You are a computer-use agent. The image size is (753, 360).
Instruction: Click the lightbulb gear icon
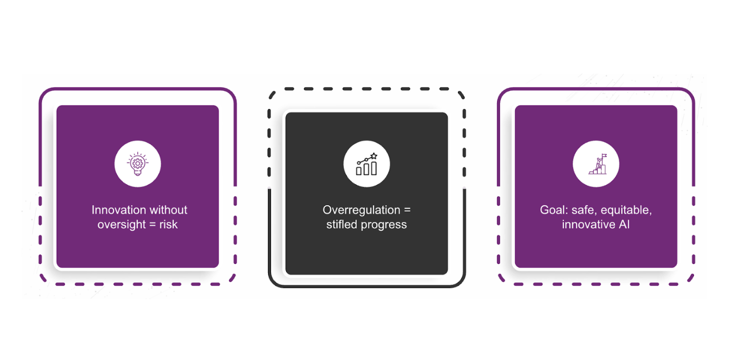click(x=137, y=164)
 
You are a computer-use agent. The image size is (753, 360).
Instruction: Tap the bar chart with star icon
click(x=366, y=164)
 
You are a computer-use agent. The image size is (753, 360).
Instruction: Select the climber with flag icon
click(x=596, y=164)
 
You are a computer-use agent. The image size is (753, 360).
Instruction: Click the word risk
click(x=168, y=224)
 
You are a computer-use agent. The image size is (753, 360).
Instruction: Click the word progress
click(x=385, y=224)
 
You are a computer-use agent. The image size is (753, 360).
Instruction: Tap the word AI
click(x=623, y=224)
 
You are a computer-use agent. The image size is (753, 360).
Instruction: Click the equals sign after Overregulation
click(x=407, y=210)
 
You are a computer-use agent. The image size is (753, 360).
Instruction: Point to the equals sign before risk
click(x=152, y=224)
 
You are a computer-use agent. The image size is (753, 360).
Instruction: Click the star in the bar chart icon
click(x=374, y=156)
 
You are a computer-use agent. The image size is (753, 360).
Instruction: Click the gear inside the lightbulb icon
click(x=137, y=162)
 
